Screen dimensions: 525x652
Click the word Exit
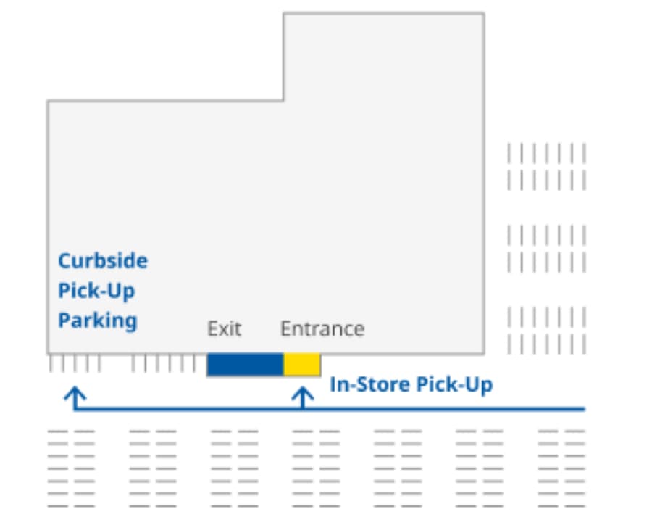[x=224, y=328]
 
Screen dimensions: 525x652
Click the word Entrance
[x=322, y=328]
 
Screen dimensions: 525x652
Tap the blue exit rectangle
[x=245, y=365]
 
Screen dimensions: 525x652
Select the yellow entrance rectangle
[x=301, y=365]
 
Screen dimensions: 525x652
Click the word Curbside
[x=103, y=261]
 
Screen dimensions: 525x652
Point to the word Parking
[x=98, y=320]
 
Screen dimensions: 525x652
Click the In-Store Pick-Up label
[x=411, y=384]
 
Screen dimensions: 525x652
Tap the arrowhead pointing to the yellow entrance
[x=302, y=394]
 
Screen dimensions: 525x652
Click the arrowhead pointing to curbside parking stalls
[x=75, y=394]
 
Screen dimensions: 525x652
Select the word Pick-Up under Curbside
[x=96, y=291]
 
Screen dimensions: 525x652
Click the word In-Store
[x=369, y=384]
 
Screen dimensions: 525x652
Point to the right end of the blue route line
[x=582, y=409]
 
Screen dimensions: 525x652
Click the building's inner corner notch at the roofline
[x=283, y=100]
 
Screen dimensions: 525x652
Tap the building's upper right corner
[x=483, y=14]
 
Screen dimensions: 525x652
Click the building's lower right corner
[x=483, y=353]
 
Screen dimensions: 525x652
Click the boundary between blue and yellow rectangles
[x=283, y=365]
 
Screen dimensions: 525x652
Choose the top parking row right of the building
[x=546, y=154]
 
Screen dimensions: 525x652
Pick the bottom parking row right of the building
[x=546, y=344]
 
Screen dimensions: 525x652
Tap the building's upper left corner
[x=49, y=102]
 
